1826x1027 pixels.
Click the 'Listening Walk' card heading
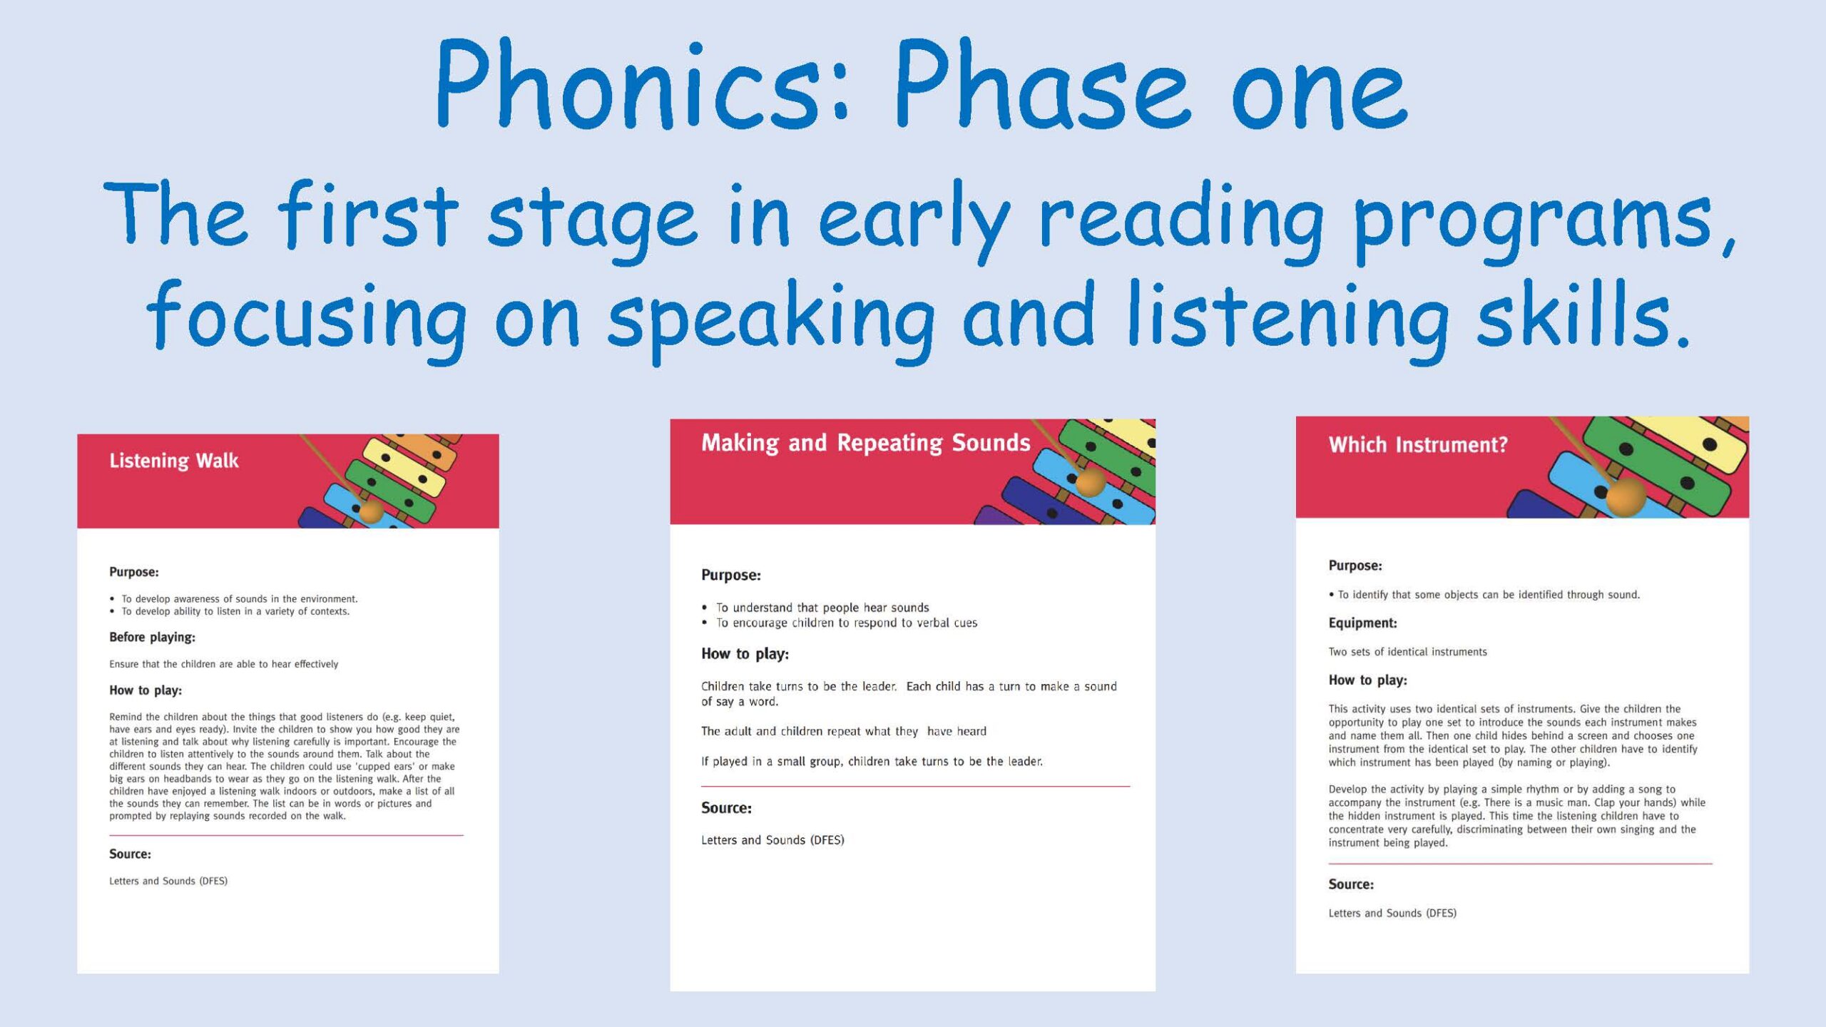174,461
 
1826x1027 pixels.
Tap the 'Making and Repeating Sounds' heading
865,444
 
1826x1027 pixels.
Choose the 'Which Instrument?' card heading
1418,445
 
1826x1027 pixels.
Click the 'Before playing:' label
152,638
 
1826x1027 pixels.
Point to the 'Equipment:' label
1362,623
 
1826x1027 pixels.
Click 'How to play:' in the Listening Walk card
146,690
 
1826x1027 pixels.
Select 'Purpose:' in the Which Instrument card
1355,566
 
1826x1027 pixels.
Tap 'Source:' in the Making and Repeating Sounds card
726,808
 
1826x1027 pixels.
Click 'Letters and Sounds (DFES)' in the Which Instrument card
1392,913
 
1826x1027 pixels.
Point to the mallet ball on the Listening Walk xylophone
371,511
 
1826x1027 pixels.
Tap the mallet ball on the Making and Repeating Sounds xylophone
1090,481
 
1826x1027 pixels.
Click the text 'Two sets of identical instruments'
1407,652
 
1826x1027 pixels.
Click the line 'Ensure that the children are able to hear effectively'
223,664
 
